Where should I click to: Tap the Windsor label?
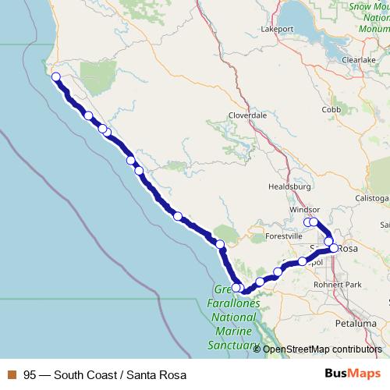305,210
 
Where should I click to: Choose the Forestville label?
284,236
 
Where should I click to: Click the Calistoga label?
373,199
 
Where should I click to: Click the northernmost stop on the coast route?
55,76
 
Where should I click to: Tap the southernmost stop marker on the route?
236,288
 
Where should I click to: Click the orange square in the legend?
12,375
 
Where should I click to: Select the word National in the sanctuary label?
232,318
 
